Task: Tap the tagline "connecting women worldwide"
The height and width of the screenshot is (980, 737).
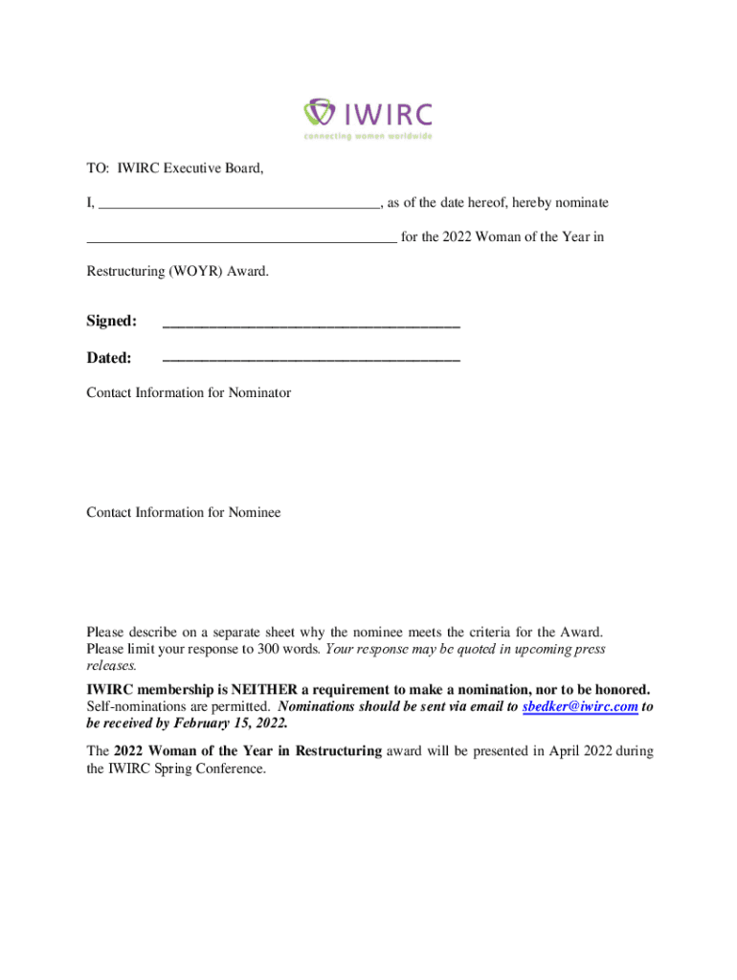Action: (368, 136)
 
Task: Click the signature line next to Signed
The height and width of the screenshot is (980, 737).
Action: (311, 325)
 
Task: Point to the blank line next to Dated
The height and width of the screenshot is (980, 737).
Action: (311, 360)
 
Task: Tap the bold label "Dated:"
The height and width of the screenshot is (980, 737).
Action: (109, 358)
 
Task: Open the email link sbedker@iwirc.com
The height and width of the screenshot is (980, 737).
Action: (580, 706)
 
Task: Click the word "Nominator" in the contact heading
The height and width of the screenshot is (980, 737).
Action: (256, 392)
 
